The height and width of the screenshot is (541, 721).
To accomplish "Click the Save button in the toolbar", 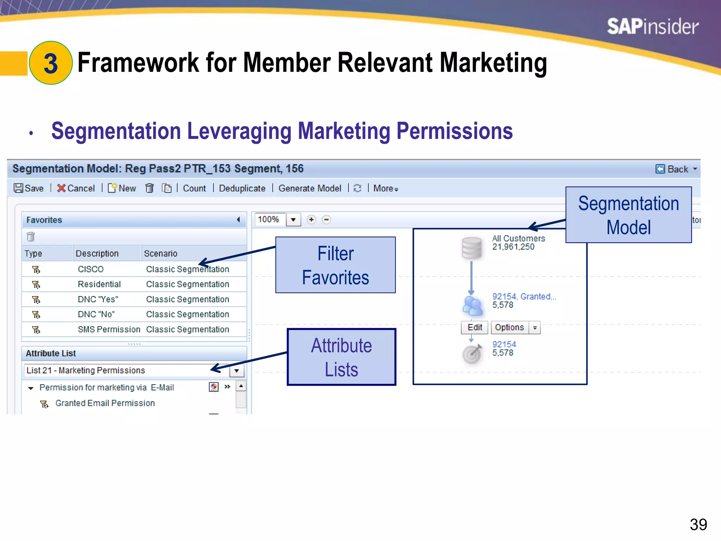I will (29, 188).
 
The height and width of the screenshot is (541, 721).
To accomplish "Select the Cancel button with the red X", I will (76, 188).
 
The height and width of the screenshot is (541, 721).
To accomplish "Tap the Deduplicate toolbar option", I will (242, 188).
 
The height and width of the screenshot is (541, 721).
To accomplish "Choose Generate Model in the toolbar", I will (309, 188).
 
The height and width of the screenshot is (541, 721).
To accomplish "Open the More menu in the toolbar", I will (385, 188).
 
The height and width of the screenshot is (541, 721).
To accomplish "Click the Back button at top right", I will (676, 169).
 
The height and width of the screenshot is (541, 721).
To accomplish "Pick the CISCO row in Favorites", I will (91, 269).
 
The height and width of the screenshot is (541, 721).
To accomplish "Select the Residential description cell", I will (99, 284).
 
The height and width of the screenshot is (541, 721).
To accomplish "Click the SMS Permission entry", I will (109, 329).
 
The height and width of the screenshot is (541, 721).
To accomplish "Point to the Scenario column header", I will (161, 254).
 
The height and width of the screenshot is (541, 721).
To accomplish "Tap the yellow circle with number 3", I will (51, 63).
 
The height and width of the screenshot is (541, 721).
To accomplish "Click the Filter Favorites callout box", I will (335, 265).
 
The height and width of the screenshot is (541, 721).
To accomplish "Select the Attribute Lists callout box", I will (341, 357).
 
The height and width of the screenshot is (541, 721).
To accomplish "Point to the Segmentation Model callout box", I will (628, 215).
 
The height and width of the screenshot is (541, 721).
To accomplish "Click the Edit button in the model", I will (474, 328).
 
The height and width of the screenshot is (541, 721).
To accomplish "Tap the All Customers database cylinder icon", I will (471, 248).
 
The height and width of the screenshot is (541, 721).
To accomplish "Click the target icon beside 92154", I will (471, 354).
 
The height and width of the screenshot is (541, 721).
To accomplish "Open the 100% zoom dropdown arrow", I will (293, 220).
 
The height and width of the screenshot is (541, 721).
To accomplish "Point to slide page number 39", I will (698, 524).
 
